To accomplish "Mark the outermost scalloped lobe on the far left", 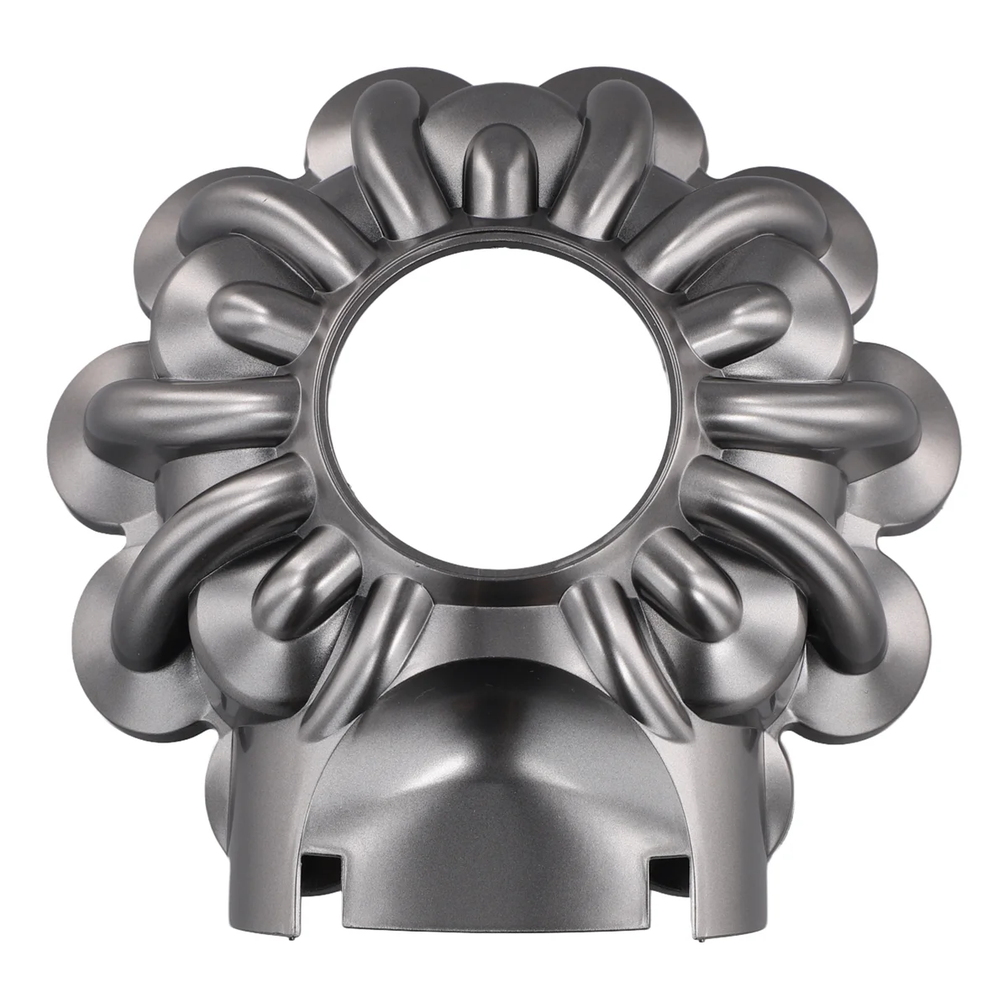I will [x=80, y=412].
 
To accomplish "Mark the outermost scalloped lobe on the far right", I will [x=928, y=412].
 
